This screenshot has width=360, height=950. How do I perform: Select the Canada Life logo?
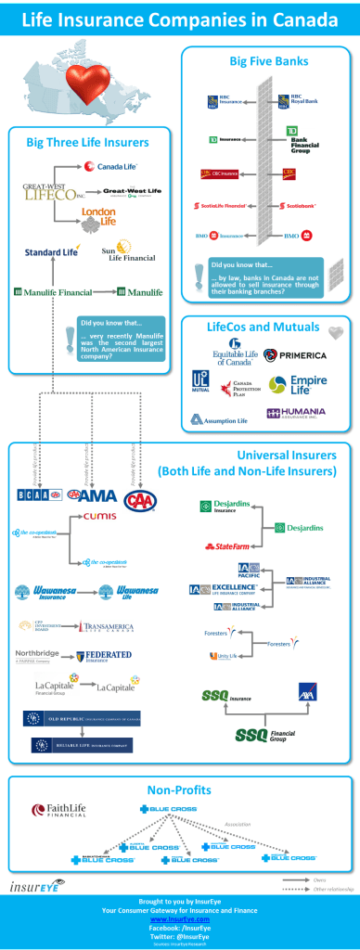point(109,167)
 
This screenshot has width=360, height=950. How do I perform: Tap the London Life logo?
point(98,215)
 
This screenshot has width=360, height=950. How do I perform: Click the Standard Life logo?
point(53,251)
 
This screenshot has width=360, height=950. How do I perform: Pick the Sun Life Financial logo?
point(128,253)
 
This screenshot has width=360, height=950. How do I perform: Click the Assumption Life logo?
point(219,419)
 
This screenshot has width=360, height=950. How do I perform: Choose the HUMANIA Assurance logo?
point(298,414)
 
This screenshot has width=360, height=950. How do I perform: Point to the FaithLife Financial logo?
point(60,809)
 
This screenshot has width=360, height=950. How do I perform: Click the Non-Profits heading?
point(179,790)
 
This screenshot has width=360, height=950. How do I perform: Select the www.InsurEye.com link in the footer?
point(179,918)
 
